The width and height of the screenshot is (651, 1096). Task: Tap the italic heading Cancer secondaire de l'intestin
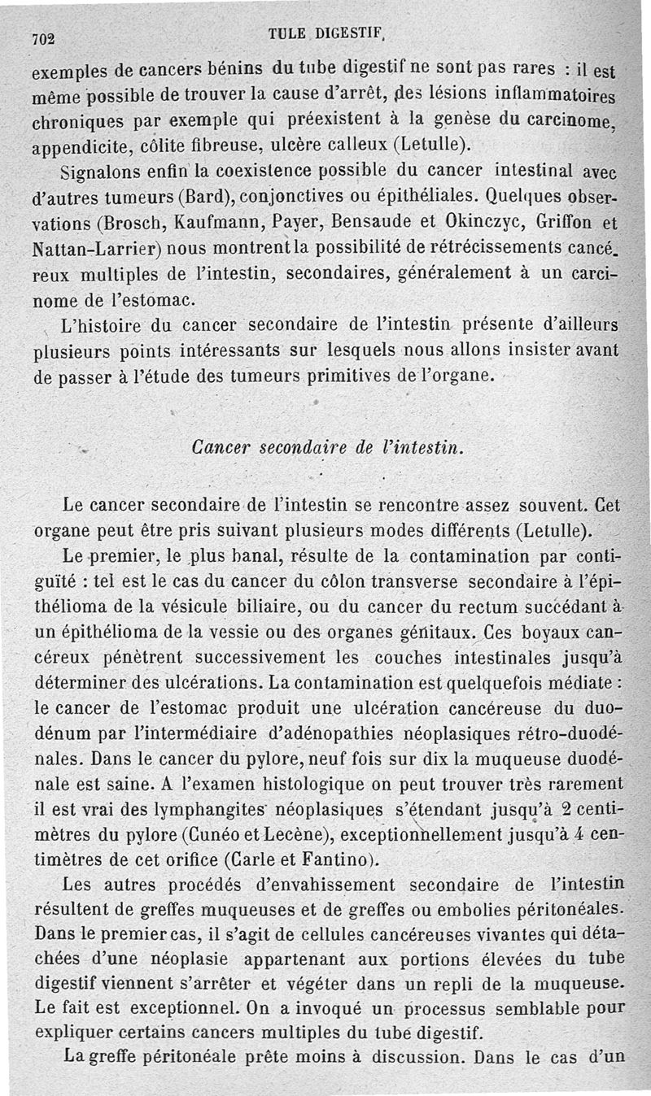click(327, 447)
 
